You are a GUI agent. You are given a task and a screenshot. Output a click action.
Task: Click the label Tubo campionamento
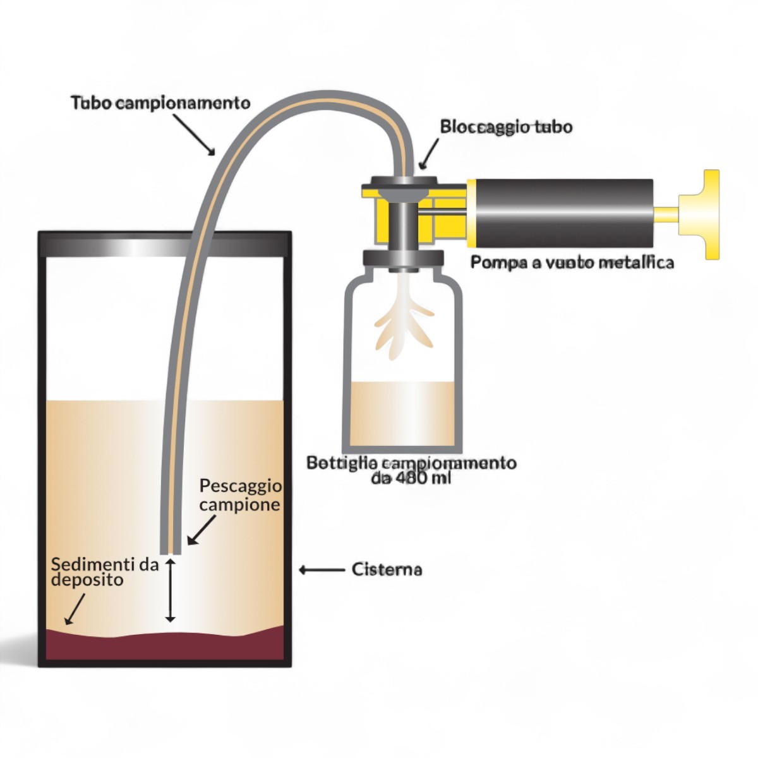(x=160, y=102)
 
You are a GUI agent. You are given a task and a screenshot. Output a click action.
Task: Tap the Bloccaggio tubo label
(x=506, y=127)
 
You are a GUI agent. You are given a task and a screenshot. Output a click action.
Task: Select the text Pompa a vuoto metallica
(x=572, y=262)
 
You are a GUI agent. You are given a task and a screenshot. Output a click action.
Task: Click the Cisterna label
(x=387, y=569)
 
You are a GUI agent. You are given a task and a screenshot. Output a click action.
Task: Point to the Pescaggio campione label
(x=240, y=495)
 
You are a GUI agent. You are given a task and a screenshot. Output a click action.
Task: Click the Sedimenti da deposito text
(x=104, y=572)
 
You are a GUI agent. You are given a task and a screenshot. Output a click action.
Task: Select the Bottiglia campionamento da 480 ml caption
(x=411, y=470)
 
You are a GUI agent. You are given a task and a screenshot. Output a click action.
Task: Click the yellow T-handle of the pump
(x=704, y=214)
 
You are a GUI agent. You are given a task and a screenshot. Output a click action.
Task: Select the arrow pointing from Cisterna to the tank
(x=322, y=570)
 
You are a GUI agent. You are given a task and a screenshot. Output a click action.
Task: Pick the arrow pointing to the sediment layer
(x=75, y=609)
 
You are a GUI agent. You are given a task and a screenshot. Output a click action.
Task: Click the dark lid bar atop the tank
(x=165, y=244)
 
